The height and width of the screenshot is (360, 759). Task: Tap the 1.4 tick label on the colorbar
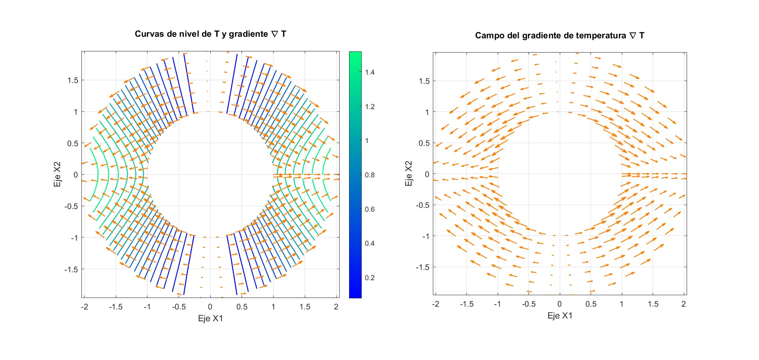pos(370,72)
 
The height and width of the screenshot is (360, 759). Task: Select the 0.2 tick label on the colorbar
pos(370,278)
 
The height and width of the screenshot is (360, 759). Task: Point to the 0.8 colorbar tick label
pos(370,175)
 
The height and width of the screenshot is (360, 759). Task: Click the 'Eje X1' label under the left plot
pos(210,319)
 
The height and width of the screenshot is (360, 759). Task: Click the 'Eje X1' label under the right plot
pos(560,316)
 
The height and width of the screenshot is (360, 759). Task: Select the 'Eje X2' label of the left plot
pos(58,174)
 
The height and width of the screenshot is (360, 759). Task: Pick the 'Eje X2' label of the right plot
pos(409,173)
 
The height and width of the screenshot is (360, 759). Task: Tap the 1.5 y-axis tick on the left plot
pos(73,80)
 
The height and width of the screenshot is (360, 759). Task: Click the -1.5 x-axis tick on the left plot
pos(115,307)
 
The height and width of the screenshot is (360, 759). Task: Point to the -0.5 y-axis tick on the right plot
pos(422,205)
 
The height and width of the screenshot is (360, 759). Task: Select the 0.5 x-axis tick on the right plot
pos(591,304)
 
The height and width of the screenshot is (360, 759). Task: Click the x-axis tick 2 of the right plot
pos(683,304)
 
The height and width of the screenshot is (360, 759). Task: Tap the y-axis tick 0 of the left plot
pos(76,175)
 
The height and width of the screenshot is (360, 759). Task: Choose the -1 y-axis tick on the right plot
pos(425,236)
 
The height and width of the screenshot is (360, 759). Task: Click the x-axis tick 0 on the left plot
pos(210,307)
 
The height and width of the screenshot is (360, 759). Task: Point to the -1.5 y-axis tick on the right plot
pos(422,268)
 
